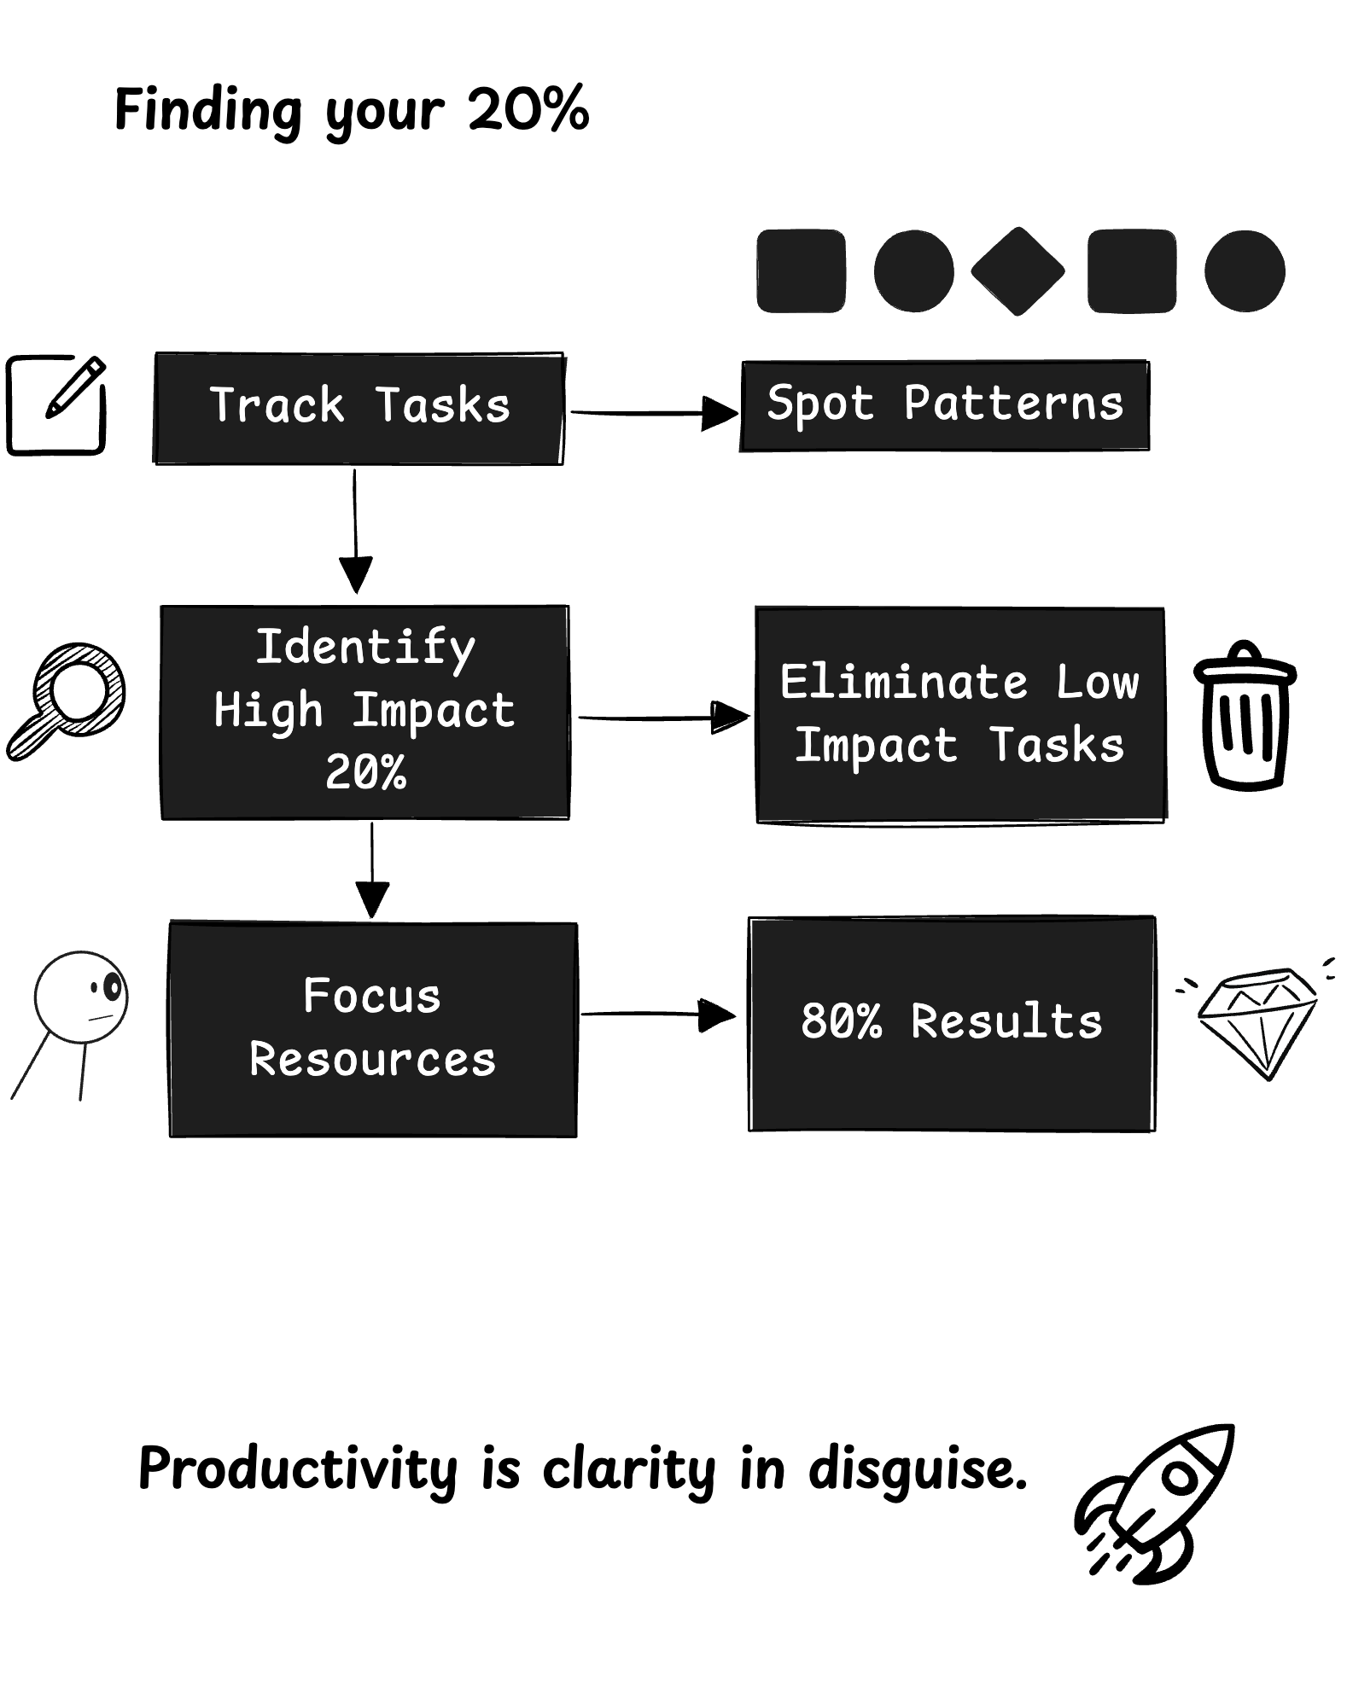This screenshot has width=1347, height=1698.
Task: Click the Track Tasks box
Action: click(359, 408)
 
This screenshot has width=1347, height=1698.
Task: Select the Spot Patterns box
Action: click(944, 405)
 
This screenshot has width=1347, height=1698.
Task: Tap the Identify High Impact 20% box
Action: click(364, 712)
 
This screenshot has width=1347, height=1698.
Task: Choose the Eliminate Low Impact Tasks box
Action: click(960, 715)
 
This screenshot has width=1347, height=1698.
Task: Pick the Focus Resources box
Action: click(373, 1029)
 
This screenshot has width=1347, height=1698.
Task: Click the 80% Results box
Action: click(952, 1023)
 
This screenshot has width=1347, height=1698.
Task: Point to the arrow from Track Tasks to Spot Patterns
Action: click(653, 414)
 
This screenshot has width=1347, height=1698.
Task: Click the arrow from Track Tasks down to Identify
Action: click(355, 529)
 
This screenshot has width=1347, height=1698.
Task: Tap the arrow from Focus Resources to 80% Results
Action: click(657, 1014)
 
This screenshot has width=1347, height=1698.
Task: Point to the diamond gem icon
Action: click(1257, 1021)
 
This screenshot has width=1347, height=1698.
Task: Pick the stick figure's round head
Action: click(81, 997)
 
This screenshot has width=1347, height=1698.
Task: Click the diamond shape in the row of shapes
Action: click(1018, 271)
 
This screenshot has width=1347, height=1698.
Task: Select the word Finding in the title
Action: click(207, 110)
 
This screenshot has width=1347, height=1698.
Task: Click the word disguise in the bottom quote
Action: click(918, 1469)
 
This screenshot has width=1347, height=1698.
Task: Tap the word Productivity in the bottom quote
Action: click(298, 1469)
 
